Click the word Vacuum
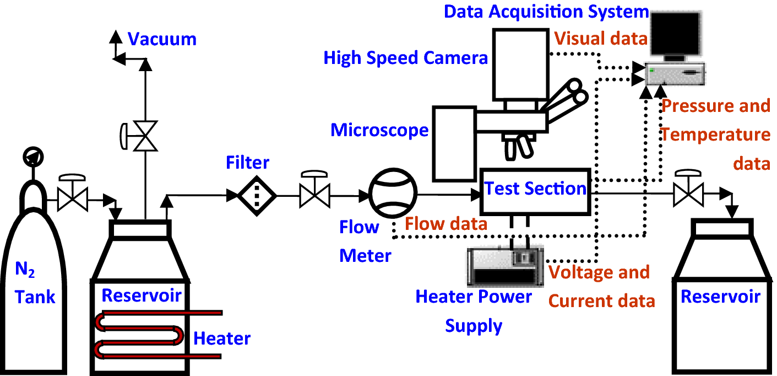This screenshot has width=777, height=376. click(x=162, y=39)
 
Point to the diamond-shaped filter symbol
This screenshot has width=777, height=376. click(x=257, y=195)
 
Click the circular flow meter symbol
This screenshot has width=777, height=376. click(x=393, y=194)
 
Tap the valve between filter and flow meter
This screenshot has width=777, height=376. click(x=314, y=195)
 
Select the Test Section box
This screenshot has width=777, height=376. click(x=535, y=190)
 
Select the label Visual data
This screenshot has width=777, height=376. click(x=600, y=38)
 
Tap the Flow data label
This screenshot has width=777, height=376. click(x=446, y=223)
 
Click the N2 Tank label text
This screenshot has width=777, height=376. click(x=35, y=283)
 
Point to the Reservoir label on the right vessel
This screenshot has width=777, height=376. click(x=720, y=296)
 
